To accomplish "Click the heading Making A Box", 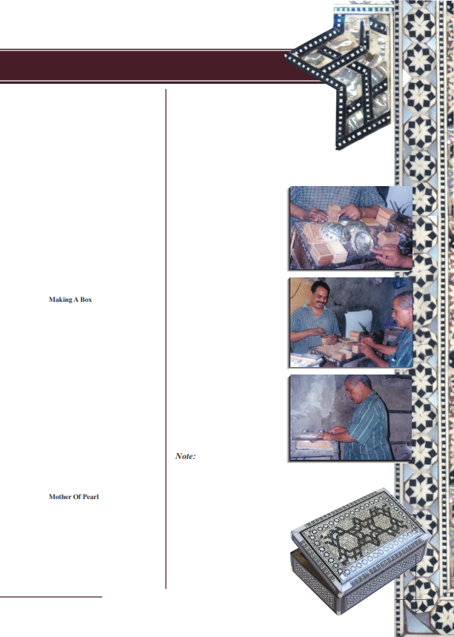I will pos(70,300).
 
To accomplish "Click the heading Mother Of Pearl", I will pos(73,497).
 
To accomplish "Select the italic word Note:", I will pos(185,457).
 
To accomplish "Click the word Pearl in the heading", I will pos(90,497).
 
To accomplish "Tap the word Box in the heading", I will pos(85,300).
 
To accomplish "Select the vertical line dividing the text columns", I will pos(165,334).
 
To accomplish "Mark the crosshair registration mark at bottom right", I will pos(416,604).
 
